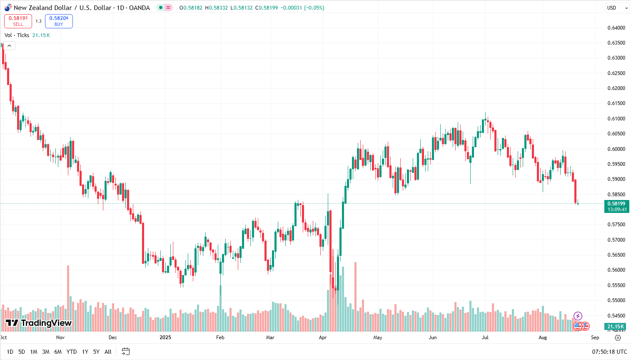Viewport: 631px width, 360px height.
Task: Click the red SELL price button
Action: [18, 21]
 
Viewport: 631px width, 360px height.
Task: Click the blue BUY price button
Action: [59, 21]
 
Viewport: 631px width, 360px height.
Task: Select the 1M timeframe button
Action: [34, 352]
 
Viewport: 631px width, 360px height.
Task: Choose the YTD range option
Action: [72, 352]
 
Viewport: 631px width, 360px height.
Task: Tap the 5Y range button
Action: [96, 352]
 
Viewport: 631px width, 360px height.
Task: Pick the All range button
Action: [108, 352]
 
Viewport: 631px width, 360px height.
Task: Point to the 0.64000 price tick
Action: [616, 28]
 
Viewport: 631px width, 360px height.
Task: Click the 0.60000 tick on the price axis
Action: [616, 149]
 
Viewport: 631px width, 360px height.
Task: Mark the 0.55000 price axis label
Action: [616, 300]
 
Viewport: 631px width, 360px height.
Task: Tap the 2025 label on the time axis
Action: [165, 337]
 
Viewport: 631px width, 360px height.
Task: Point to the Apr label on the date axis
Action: [323, 337]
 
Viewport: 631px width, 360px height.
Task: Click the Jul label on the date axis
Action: [485, 337]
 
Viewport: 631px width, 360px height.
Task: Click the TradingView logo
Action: [39, 323]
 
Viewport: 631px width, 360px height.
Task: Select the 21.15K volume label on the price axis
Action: [616, 327]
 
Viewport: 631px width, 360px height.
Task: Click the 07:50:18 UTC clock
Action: [609, 352]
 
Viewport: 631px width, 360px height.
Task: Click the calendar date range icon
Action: [125, 352]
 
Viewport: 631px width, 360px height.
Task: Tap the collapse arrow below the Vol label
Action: [10, 46]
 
